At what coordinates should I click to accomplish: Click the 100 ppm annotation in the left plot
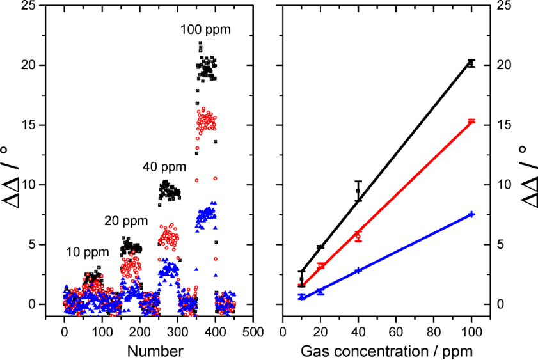205,29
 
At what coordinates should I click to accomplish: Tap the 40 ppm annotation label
164,168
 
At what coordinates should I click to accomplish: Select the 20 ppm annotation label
126,221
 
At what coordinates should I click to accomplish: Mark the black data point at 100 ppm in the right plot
471,63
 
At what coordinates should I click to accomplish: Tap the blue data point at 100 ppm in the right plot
471,214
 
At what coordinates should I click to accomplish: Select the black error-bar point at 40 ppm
358,191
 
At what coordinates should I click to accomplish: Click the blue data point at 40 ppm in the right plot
358,270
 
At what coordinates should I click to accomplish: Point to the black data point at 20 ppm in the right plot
320,247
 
